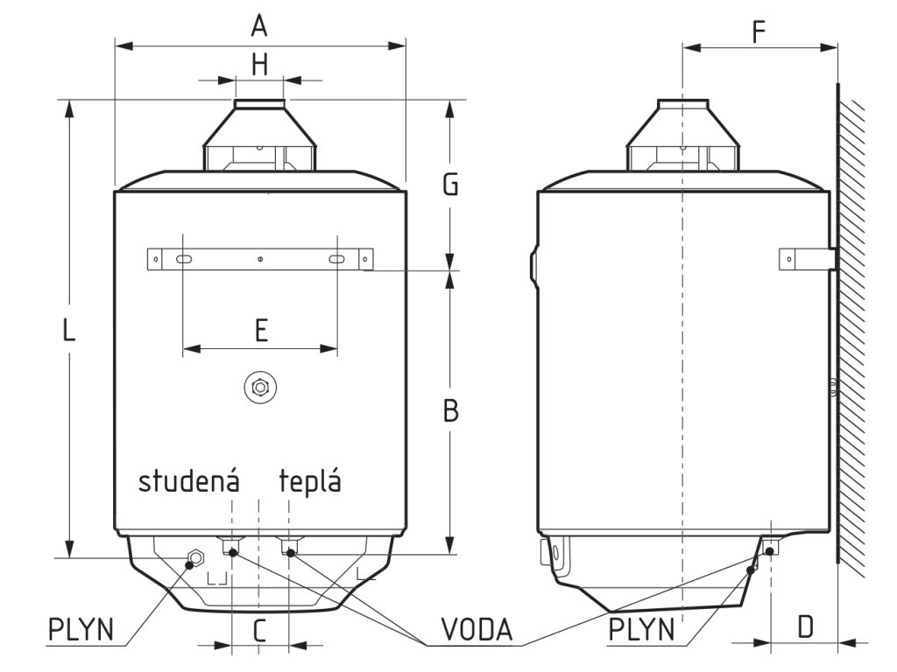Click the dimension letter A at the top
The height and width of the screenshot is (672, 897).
[258, 26]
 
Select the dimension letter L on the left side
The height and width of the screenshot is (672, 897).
[70, 330]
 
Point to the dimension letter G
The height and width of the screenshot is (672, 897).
[450, 185]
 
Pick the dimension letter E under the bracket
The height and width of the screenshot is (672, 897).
[260, 330]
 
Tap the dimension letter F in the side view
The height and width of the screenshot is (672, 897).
[759, 31]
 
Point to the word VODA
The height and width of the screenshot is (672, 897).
[477, 629]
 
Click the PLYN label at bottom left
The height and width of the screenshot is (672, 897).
[81, 629]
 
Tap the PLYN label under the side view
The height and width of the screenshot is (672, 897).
[642, 629]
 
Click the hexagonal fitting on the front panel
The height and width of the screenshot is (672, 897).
[259, 386]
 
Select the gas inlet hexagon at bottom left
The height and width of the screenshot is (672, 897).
[194, 556]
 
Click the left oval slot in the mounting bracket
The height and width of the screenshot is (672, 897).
[184, 259]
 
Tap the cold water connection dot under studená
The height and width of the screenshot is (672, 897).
[232, 551]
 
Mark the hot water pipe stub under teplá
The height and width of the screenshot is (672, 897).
[292, 549]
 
